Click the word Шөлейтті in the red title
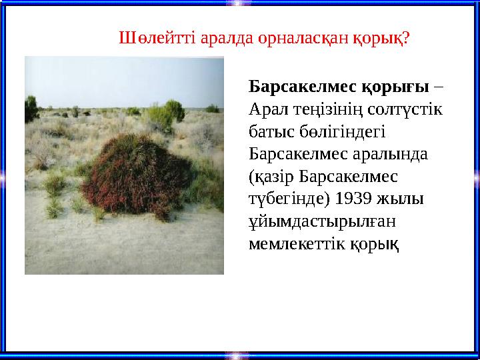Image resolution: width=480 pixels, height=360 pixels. (147, 38)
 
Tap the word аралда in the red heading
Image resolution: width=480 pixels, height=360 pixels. (223, 38)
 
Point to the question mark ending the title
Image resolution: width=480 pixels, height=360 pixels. (407, 38)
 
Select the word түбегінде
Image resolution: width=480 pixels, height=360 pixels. (287, 199)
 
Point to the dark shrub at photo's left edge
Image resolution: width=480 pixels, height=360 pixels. (31, 107)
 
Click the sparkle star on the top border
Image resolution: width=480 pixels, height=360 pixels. (239, 3)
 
